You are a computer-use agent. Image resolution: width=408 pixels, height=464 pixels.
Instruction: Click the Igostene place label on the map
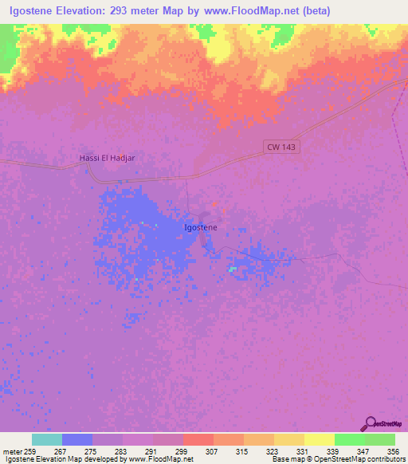(x=201, y=227)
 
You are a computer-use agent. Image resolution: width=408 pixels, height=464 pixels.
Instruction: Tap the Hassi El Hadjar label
(x=108, y=158)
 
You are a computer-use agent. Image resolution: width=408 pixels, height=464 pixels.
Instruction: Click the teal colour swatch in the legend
(x=47, y=439)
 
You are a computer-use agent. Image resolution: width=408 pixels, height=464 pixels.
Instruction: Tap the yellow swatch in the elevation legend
(x=320, y=439)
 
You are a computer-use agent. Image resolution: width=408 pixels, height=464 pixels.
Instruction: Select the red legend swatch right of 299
(x=198, y=439)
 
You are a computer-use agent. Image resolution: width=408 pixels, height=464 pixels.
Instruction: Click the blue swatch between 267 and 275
(x=77, y=439)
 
